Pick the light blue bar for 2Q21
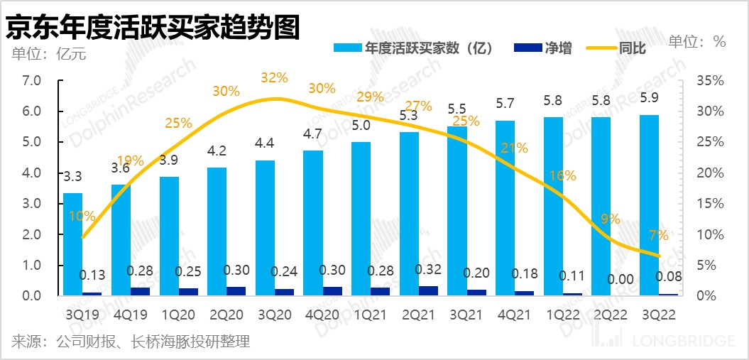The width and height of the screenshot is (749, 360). coord(409,213)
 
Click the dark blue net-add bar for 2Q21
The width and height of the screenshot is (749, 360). coord(428,290)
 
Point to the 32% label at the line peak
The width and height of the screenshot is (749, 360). coord(275,77)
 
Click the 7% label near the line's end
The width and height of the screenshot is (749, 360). coord(658,235)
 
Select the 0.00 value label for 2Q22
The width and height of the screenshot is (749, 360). coord(621,280)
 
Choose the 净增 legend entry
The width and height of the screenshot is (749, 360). coord(545,48)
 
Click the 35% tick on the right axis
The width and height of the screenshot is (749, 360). coord(711,80)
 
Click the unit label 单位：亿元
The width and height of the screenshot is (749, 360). coord(48,54)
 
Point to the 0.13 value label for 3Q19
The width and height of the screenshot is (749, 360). coord(92,275)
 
